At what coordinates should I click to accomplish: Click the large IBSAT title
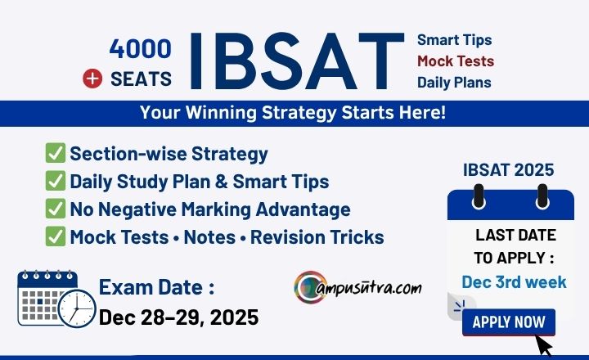297,61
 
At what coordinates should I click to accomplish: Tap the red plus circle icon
92,79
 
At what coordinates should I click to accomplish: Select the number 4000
141,49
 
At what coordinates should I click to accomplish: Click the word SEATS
141,79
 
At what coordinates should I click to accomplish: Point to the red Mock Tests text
456,61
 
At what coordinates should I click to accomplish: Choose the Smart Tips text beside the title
455,40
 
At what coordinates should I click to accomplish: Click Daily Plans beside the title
454,83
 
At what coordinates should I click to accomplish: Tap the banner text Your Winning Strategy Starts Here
293,112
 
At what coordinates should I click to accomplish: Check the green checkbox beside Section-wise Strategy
56,152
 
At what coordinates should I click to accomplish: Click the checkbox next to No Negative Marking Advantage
56,208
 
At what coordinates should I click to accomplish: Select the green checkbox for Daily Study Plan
56,180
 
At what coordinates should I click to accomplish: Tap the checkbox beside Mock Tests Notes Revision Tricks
56,236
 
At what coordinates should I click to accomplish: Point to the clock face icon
77,308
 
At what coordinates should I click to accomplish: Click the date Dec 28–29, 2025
179,317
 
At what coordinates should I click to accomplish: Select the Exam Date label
156,287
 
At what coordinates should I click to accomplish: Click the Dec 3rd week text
514,281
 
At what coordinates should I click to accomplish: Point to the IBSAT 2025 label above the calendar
508,170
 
